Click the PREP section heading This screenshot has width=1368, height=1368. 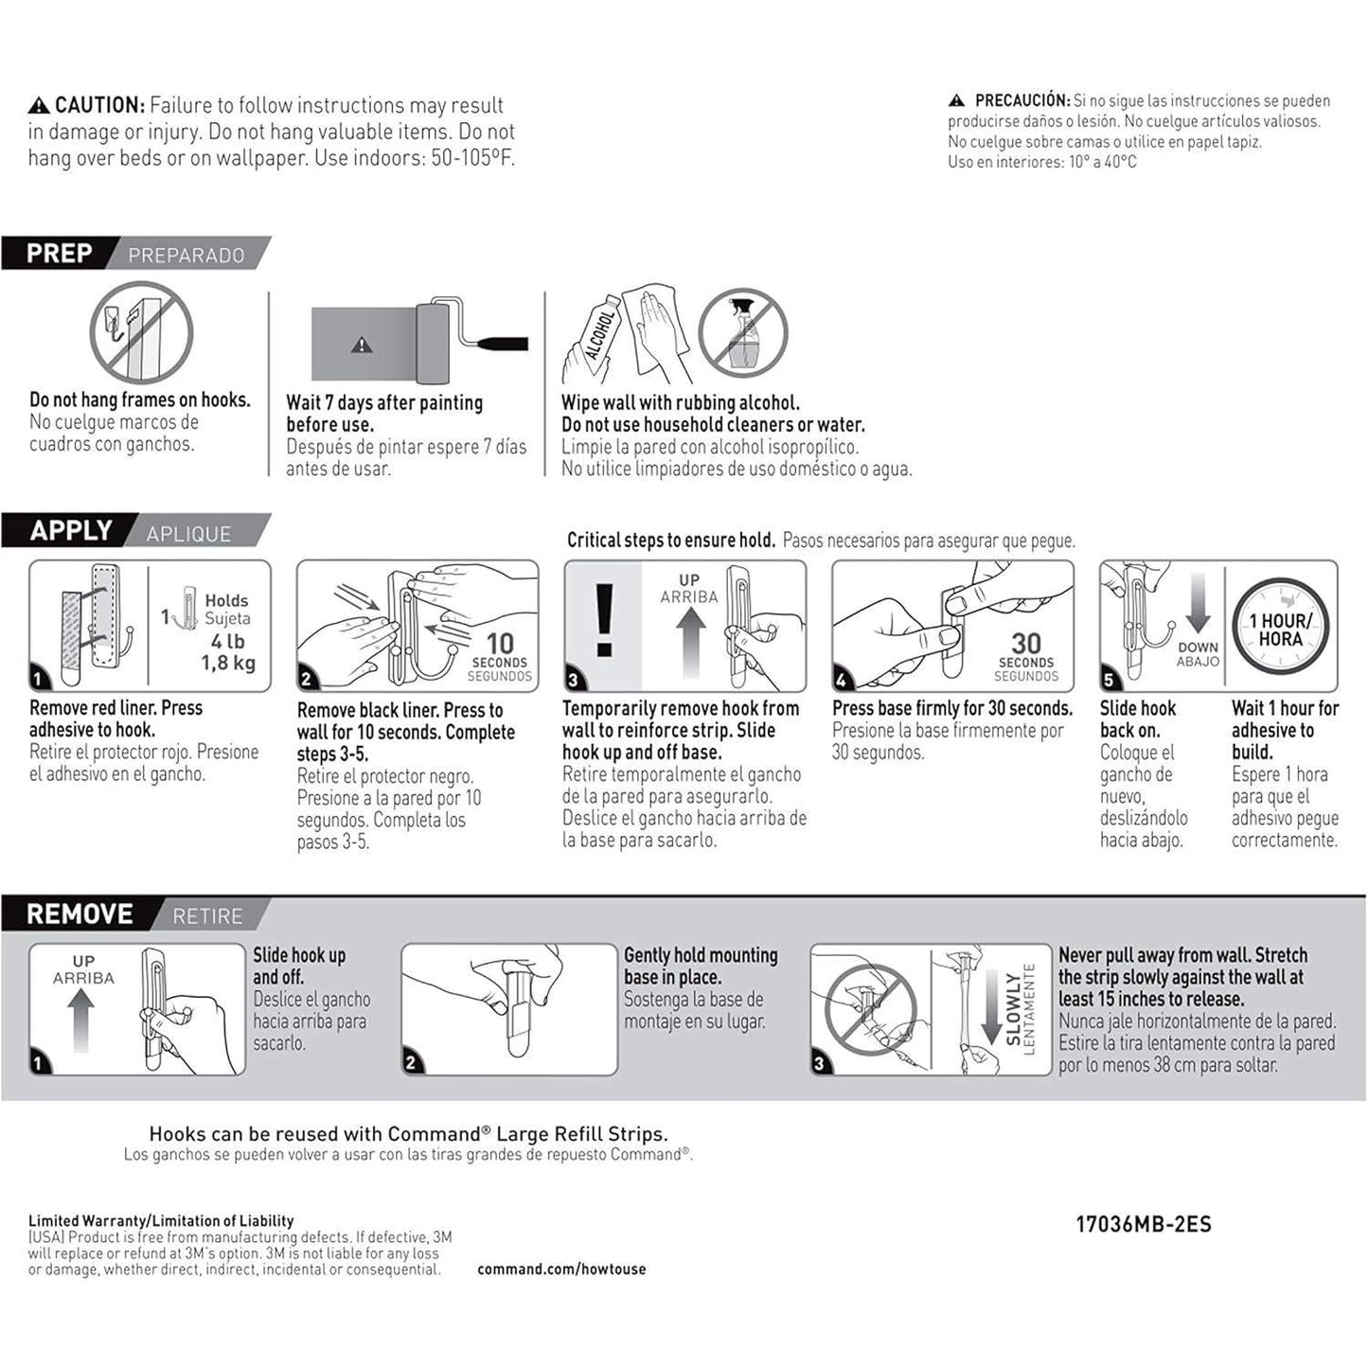(60, 254)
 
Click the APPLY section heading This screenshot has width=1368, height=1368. (71, 530)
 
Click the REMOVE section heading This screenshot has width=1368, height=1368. (80, 915)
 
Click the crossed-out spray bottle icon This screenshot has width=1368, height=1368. (743, 333)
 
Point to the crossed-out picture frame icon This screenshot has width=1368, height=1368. (141, 332)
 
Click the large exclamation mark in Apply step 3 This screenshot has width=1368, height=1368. (604, 621)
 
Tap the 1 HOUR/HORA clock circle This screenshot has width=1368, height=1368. (1280, 630)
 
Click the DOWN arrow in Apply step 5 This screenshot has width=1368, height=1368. (1198, 606)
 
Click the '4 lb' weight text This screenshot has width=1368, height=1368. (227, 641)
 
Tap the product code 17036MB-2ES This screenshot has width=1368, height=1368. (1143, 1224)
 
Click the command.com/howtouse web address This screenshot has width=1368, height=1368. (561, 1269)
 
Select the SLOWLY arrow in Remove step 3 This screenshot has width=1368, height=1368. (990, 1008)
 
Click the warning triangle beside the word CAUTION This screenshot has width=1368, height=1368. (39, 105)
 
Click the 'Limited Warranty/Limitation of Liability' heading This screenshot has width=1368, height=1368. (161, 1220)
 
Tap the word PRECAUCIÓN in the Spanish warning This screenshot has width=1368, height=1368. (1022, 100)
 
